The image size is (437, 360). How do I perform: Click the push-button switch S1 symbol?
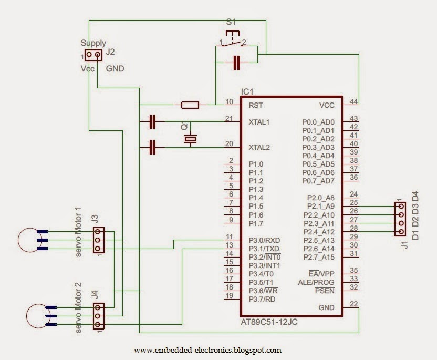[232, 39]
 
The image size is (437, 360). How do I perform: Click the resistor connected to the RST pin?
[190, 105]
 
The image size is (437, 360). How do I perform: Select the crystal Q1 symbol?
[190, 138]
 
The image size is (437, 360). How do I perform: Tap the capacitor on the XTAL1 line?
[152, 121]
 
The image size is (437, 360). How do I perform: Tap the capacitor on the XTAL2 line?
[152, 147]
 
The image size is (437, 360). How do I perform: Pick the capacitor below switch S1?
[236, 63]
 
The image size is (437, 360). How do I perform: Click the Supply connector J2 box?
[93, 55]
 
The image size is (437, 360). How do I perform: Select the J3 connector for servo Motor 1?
[98, 240]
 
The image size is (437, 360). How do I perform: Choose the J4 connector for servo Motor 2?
[98, 316]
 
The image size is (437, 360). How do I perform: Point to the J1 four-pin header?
[400, 219]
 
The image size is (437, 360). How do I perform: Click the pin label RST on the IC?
[256, 105]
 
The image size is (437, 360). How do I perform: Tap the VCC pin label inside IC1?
[327, 105]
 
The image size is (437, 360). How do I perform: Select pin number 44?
[353, 101]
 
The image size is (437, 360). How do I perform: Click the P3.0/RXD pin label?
[264, 240]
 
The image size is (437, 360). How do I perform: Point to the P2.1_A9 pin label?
[321, 207]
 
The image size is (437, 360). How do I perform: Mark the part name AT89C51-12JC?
[269, 322]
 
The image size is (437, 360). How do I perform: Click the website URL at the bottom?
[207, 350]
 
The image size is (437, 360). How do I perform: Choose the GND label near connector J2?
[115, 69]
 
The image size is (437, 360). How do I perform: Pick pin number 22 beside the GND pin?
[353, 304]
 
